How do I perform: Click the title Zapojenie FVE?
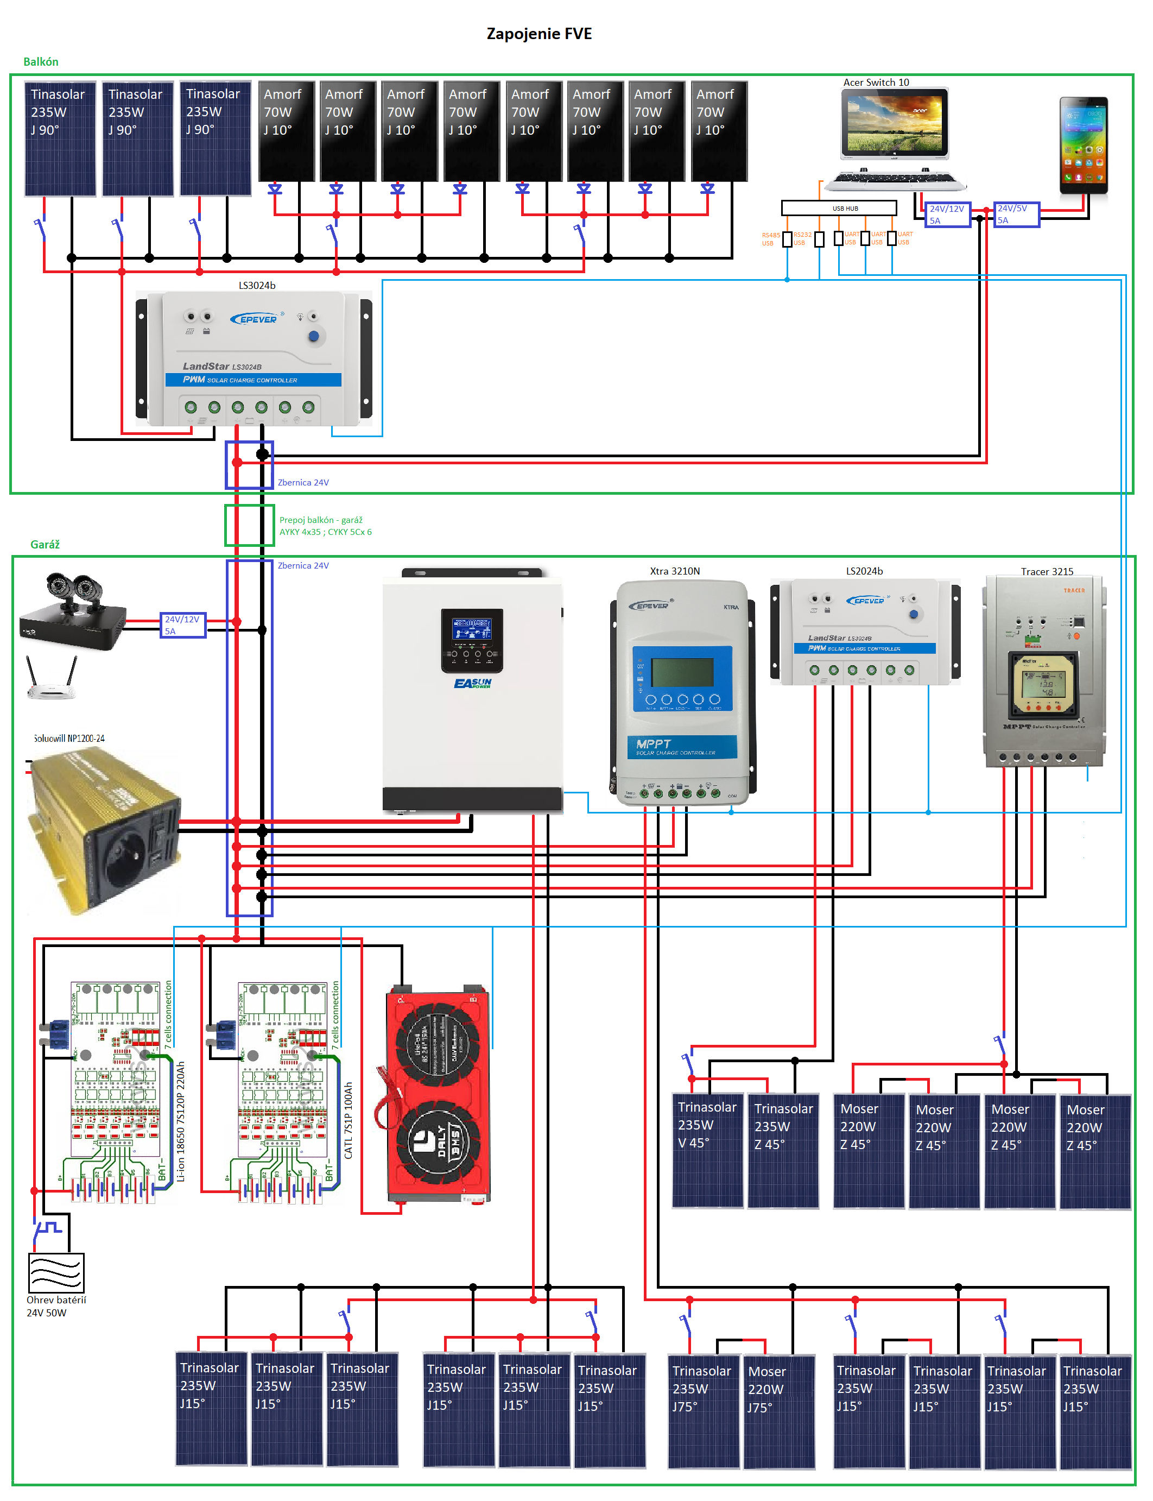pyautogui.click(x=539, y=34)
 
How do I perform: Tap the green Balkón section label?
pyautogui.click(x=41, y=62)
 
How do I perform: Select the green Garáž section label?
pyautogui.click(x=45, y=545)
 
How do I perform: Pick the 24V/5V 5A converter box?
pyautogui.click(x=1016, y=214)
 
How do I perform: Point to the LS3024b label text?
pyautogui.click(x=257, y=285)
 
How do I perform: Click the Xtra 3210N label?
pyautogui.click(x=675, y=571)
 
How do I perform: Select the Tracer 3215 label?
pyautogui.click(x=1047, y=571)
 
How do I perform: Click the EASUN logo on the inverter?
pyautogui.click(x=472, y=683)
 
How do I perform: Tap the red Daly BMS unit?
pyautogui.click(x=438, y=1095)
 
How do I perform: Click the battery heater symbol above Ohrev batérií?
pyautogui.click(x=56, y=1273)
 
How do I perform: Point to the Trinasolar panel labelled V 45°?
pyautogui.click(x=707, y=1151)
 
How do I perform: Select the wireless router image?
pyautogui.click(x=51, y=680)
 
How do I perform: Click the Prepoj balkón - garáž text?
pyautogui.click(x=320, y=520)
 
